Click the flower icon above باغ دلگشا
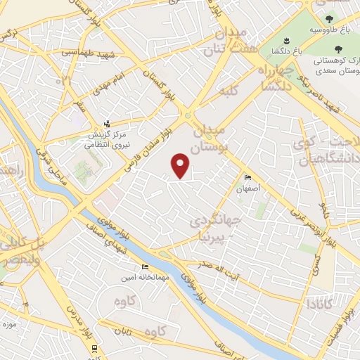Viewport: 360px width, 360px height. click(x=286, y=40)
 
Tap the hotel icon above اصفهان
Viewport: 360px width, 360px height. click(x=247, y=177)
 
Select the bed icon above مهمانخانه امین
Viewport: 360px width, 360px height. click(x=145, y=266)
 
